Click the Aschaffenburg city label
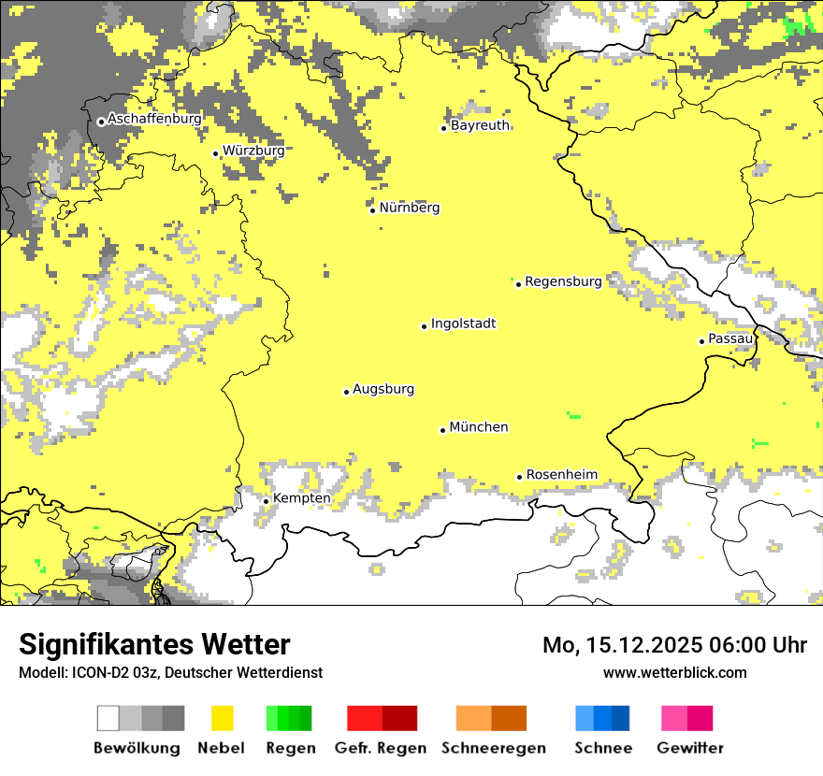154,120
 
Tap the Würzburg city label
253,151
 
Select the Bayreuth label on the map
480,125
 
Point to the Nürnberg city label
410,208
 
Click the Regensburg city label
563,281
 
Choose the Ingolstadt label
463,324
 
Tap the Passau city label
730,338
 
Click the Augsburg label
383,390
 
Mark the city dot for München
443,430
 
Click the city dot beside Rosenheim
520,477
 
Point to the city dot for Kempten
267,501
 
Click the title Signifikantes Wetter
154,645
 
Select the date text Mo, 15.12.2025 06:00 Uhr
674,645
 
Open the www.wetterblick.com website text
674,672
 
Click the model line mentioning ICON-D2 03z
170,672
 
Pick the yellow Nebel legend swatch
223,718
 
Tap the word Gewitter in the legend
689,748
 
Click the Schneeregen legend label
493,748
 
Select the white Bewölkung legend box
108,718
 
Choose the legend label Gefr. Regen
381,748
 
